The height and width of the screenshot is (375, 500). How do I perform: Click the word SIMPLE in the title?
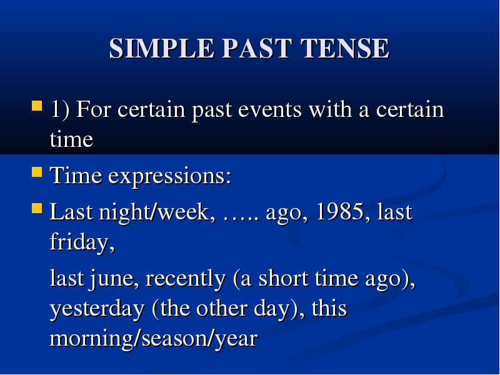161,48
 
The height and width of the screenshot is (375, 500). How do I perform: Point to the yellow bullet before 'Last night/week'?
37,208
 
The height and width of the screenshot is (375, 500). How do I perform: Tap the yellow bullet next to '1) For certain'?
37,106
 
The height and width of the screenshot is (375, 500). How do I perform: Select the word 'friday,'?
82,242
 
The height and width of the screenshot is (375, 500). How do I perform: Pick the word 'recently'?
185,279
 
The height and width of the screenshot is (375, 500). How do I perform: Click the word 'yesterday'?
97,309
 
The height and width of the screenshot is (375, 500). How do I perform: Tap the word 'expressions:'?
169,176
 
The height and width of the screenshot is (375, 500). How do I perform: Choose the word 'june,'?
114,279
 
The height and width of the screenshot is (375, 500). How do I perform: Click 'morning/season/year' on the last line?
153,339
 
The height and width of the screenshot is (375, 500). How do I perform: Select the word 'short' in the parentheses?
283,278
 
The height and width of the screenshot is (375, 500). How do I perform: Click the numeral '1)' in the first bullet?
59,110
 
